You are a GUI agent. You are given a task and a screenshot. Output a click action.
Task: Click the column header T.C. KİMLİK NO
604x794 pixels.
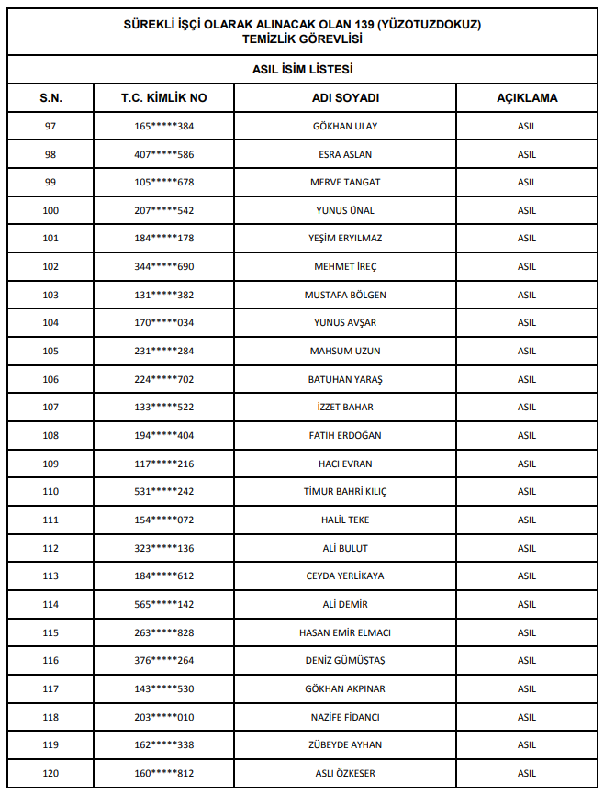point(164,97)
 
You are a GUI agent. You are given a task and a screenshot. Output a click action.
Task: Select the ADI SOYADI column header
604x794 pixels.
point(345,97)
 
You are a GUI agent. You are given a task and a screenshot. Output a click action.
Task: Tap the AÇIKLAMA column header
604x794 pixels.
point(527,97)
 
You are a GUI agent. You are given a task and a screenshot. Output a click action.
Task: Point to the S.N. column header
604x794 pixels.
point(50,97)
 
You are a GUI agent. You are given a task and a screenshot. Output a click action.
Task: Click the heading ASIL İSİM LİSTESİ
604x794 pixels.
point(302,69)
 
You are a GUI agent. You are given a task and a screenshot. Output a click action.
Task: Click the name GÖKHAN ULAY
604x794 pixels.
point(345,126)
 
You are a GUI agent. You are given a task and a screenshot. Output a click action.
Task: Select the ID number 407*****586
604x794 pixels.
point(164,154)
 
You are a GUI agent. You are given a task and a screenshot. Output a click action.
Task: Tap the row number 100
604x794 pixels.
point(50,210)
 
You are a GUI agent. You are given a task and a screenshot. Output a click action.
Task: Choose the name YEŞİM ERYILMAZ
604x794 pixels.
point(345,239)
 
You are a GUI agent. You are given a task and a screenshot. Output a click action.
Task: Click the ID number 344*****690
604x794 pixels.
point(164,266)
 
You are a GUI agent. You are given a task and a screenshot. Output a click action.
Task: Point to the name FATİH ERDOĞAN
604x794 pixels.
point(345,435)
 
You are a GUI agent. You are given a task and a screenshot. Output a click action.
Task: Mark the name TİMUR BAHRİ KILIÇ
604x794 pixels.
point(345,491)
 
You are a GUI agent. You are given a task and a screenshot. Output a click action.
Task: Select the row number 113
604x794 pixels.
point(50,576)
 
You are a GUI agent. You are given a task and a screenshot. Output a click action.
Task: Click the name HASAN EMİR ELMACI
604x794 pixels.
point(345,632)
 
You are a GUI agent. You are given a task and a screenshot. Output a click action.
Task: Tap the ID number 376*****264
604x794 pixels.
point(164,660)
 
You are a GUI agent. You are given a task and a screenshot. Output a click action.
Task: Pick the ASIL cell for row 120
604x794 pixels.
point(527,773)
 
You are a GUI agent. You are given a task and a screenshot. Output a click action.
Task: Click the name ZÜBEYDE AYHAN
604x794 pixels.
point(345,744)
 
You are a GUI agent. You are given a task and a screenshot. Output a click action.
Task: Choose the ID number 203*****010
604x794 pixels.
point(164,717)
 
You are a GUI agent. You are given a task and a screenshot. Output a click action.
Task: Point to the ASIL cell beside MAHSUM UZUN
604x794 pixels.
point(527,351)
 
